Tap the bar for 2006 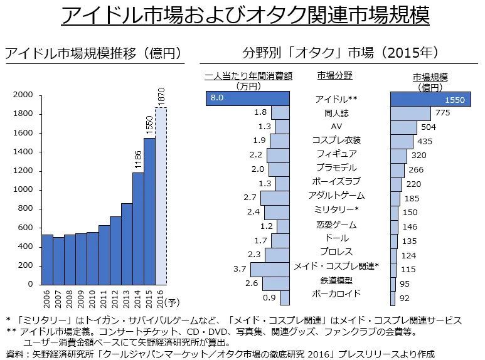point(47,260)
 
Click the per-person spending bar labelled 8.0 point(247,98)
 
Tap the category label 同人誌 point(336,114)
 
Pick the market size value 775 point(443,114)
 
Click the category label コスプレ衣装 point(336,140)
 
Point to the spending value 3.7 point(240,268)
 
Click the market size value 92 point(405,298)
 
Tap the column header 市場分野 point(334,75)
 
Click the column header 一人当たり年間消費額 point(248,77)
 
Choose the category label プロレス point(336,252)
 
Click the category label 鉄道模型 point(336,280)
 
